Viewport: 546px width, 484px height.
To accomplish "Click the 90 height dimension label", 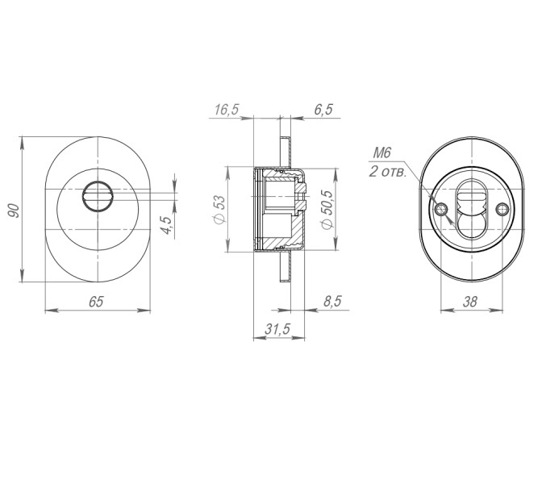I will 14,212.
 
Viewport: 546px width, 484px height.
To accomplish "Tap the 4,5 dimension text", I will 165,225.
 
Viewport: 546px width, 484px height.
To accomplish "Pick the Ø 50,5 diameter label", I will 327,211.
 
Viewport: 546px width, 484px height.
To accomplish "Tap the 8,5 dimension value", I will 332,301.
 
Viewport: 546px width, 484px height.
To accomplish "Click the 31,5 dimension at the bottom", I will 277,329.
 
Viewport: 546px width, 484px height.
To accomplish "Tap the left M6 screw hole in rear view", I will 441,210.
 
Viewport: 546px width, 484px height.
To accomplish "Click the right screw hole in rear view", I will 502,210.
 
